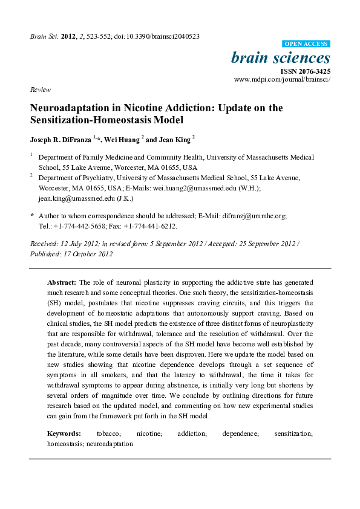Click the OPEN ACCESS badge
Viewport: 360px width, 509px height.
(x=307, y=44)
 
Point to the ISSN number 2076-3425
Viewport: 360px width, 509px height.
(x=311, y=71)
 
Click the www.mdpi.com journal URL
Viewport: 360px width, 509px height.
(x=282, y=79)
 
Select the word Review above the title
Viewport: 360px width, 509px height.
(x=40, y=89)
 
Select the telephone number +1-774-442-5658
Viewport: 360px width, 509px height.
(x=77, y=225)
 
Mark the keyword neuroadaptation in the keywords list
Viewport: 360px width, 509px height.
(x=110, y=444)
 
